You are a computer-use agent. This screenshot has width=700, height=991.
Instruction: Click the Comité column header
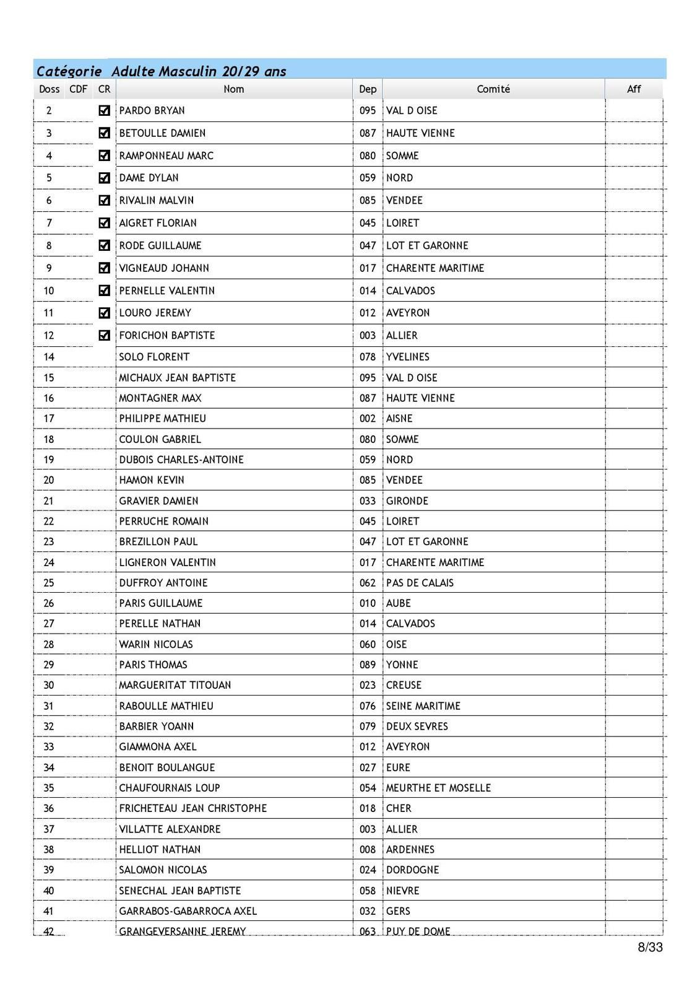[493, 89]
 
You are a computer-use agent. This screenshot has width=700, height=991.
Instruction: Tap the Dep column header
[368, 89]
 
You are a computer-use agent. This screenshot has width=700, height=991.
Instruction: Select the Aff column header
[634, 89]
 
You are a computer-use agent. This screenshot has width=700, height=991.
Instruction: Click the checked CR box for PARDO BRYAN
[104, 110]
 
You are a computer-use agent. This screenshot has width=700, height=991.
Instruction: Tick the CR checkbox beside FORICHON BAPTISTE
[104, 335]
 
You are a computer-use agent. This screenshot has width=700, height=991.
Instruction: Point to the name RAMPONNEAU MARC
[166, 155]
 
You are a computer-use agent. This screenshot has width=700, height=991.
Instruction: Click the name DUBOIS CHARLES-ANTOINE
[181, 460]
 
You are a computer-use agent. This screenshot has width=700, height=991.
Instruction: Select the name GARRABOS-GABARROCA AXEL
[188, 911]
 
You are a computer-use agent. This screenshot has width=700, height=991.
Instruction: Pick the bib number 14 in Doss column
[49, 357]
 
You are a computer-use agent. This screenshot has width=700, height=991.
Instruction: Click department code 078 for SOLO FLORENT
[368, 357]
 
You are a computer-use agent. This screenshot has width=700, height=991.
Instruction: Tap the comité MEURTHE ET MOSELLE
[438, 788]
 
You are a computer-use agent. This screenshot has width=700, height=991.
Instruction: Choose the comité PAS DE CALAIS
[420, 583]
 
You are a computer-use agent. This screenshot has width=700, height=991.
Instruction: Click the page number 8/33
[650, 947]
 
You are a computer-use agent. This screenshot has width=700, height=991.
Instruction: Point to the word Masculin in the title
[188, 71]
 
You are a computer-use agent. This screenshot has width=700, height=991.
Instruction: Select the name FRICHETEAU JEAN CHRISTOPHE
[192, 808]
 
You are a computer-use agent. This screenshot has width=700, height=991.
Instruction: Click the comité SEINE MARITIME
[423, 706]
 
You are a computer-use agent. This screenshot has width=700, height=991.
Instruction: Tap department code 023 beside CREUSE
[368, 685]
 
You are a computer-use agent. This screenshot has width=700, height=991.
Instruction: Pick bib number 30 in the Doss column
[49, 685]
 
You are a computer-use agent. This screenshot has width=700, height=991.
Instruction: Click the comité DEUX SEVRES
[417, 727]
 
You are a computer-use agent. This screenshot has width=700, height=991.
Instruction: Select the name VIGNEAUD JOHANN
[164, 268]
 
